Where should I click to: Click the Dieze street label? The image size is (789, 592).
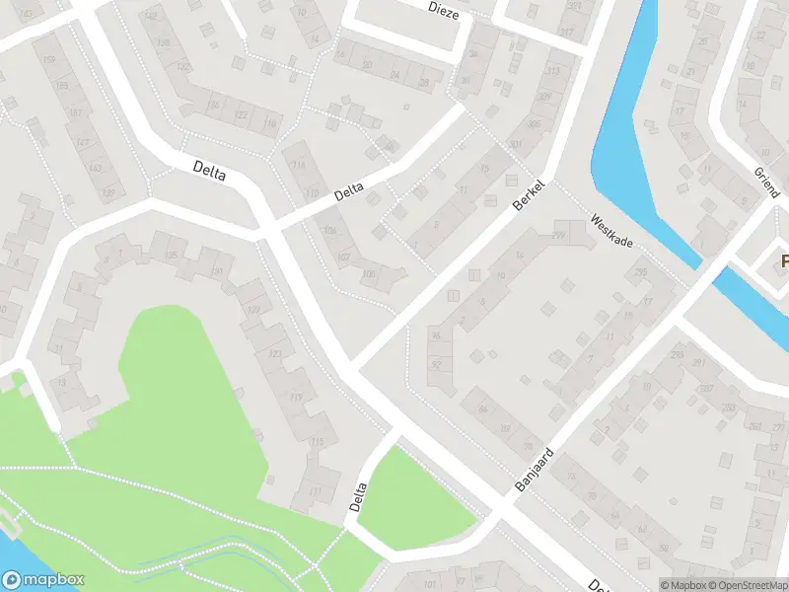coord(444,8)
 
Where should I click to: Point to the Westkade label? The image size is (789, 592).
coord(610,231)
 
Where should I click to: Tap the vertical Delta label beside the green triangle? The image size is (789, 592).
coord(359,496)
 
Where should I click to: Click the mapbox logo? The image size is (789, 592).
coord(43,580)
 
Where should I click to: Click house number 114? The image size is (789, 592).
coord(299,165)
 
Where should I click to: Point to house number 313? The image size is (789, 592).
coord(552,71)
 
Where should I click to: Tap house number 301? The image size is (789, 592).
coord(515,145)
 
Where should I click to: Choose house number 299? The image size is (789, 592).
coord(558,235)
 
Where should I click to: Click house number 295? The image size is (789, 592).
coord(641,272)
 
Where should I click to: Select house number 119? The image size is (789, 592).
coord(296,398)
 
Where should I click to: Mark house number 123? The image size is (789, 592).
coord(275,352)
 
